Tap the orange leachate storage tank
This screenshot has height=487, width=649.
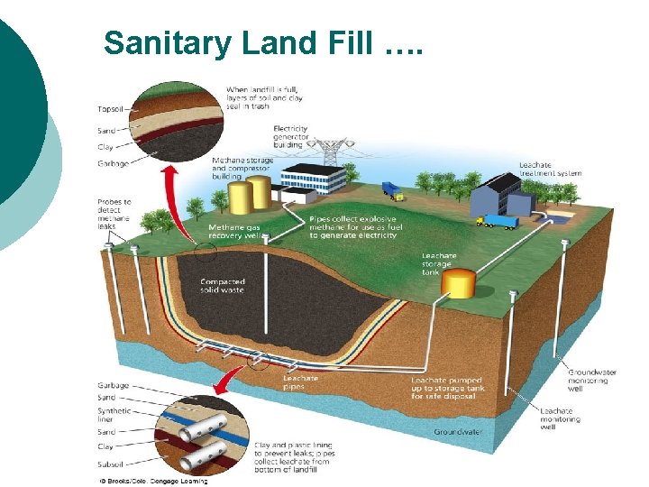click(x=458, y=285)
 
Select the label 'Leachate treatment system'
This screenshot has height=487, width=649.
click(x=550, y=169)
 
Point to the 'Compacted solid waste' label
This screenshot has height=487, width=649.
click(x=222, y=286)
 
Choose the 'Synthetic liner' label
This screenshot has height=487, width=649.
click(x=114, y=414)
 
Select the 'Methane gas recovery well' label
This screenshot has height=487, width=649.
click(x=235, y=231)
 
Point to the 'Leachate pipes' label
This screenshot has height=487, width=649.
click(x=300, y=382)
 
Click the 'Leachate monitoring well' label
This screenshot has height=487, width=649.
click(x=560, y=418)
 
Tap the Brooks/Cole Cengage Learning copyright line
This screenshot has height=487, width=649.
click(x=153, y=481)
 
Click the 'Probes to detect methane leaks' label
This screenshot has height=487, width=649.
click(x=114, y=214)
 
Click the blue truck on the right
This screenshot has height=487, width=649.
click(x=498, y=221)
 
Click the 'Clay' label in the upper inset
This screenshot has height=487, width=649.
click(x=105, y=147)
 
